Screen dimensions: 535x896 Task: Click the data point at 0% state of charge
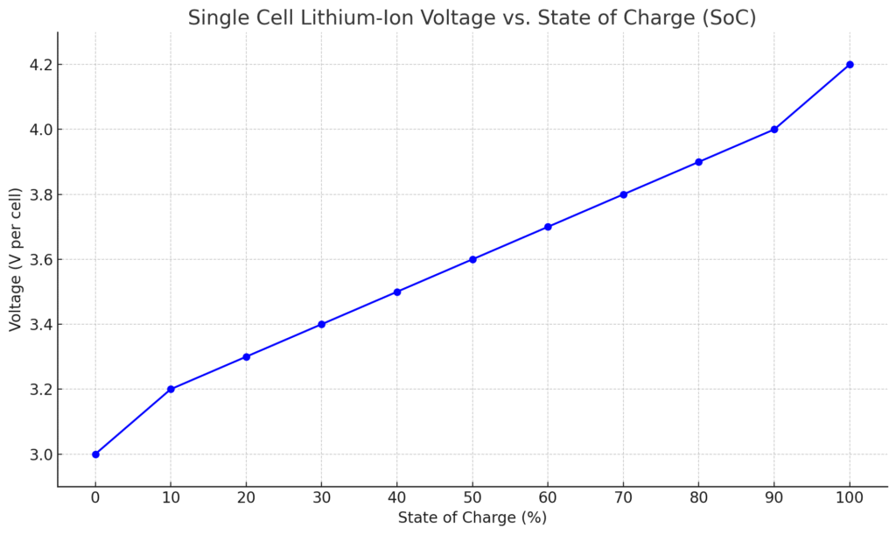95,454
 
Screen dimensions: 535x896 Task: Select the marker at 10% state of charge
171,389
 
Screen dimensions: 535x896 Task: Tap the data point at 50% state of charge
472,259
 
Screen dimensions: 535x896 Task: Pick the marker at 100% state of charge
850,65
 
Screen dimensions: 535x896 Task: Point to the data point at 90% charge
774,130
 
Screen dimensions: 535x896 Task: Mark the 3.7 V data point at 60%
548,227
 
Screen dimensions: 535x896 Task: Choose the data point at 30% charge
322,324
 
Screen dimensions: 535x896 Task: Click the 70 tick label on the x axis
623,497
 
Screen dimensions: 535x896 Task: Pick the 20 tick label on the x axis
246,497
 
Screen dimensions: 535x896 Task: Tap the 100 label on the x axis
850,497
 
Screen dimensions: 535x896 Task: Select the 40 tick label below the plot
397,497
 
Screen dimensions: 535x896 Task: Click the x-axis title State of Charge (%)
472,517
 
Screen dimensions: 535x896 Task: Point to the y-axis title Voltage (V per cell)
15,259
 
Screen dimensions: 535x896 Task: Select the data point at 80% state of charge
698,162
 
